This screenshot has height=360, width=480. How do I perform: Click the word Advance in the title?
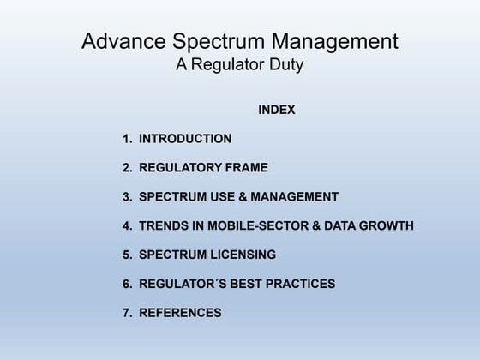click(x=117, y=41)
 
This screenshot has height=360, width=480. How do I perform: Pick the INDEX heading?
click(x=276, y=110)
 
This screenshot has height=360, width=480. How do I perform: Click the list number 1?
click(x=127, y=138)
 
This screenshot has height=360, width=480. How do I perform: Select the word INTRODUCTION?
click(x=185, y=138)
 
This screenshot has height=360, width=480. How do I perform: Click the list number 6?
click(x=127, y=284)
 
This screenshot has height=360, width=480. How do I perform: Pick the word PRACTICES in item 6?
click(x=297, y=284)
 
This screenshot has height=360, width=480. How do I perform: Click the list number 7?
click(x=127, y=313)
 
